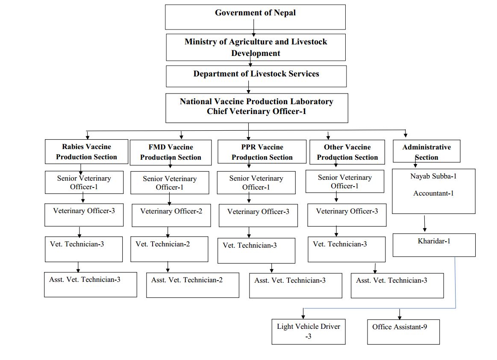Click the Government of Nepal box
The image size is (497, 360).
pos(255,17)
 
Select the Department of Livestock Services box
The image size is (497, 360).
pos(256,76)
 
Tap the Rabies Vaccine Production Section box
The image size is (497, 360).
pos(86,152)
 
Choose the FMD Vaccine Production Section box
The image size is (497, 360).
pos(171,152)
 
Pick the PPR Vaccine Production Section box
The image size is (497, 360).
pos(262,152)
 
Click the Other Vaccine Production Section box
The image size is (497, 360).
pos(347,152)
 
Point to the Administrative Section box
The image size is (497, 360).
pos(426,151)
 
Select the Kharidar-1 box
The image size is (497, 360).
pos(434,245)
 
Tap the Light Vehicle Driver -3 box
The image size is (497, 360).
pos(309,331)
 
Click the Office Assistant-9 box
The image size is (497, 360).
pos(403,332)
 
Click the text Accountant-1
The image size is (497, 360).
pos(434,193)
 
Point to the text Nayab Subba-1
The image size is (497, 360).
pos(433,176)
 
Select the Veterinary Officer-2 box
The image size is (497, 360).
pos(171,215)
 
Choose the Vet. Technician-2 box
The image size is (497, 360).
pos(169,249)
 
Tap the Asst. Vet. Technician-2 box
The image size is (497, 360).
pos(193,285)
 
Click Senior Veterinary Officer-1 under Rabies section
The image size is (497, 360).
pos(84,182)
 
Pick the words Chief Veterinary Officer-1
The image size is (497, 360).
pos(256,111)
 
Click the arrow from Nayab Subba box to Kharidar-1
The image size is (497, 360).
pos(425,223)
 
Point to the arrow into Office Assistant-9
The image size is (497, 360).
pos(400,314)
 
